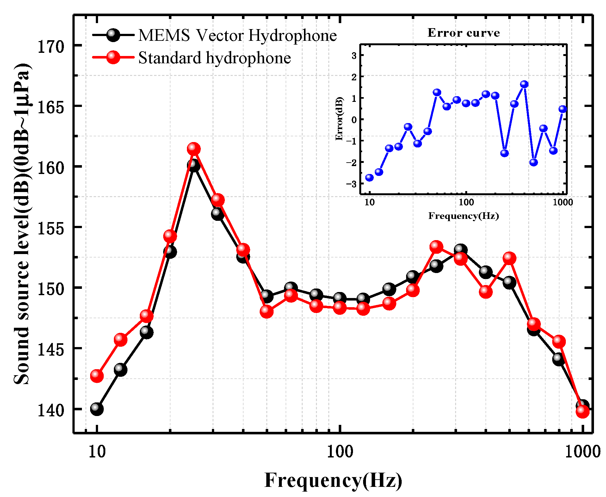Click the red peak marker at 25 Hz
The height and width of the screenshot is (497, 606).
point(194,149)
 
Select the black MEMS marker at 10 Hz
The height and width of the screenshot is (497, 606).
point(97,409)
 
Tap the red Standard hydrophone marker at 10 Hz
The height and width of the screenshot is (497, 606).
point(97,376)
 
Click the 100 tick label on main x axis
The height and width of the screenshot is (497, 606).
point(340,452)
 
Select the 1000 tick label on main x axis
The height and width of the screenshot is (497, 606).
point(582,452)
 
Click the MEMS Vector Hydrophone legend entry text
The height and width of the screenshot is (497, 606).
point(237,35)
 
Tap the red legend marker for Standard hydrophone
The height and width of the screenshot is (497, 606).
point(113,57)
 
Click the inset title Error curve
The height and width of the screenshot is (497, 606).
point(464,33)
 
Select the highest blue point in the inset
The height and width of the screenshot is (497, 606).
point(524,84)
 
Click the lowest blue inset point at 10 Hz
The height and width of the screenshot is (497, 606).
point(369,177)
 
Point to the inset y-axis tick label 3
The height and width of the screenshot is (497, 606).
point(354,56)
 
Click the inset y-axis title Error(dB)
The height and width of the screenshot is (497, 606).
point(339,119)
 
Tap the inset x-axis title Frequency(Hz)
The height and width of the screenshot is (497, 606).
point(464,216)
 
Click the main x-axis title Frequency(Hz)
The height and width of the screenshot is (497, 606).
point(333,480)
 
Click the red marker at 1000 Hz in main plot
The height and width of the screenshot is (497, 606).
point(582,411)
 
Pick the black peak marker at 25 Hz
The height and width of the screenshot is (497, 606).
point(194,165)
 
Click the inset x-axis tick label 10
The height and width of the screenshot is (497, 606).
point(369,202)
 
